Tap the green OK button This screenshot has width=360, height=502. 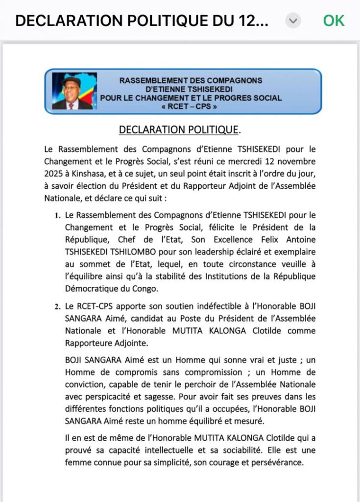point(334,21)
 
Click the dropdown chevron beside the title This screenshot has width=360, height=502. point(293,21)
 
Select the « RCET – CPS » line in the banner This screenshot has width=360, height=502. point(191,105)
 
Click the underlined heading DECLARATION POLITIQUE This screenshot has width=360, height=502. point(179,130)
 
